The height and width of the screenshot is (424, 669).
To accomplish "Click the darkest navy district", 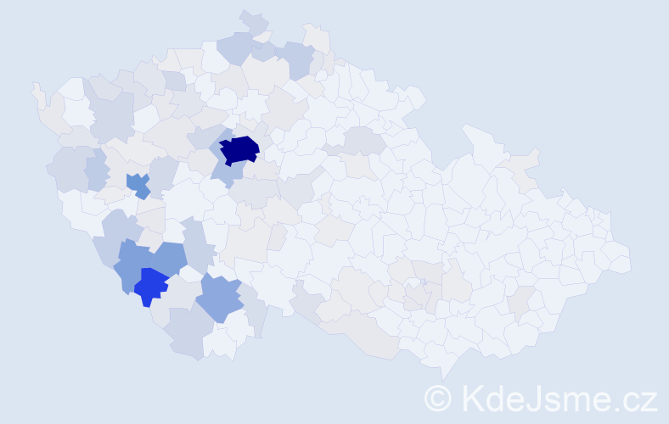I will tap(239, 149).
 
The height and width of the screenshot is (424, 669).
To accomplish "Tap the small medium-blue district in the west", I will tap(138, 183).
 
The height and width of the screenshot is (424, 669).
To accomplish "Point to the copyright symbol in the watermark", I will tap(438, 398).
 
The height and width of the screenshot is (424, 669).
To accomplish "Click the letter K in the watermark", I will tap(472, 398).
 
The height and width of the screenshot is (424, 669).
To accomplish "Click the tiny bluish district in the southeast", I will tap(422, 283).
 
